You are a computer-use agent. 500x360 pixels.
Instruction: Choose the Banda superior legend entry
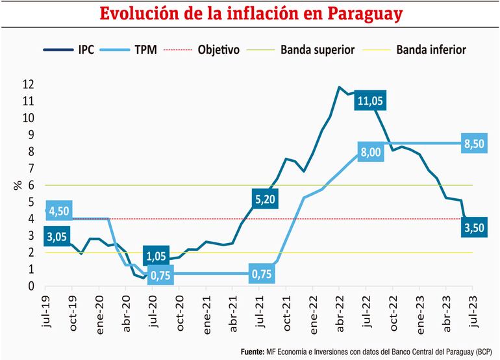coord(312,49)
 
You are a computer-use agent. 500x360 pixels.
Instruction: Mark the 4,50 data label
coord(58,211)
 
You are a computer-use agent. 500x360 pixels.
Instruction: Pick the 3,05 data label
coord(58,237)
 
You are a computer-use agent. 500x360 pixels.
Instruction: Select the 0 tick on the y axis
coord(30,286)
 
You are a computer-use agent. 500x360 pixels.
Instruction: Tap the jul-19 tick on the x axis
coord(45,312)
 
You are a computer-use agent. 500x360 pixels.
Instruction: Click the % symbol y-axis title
coord(18,185)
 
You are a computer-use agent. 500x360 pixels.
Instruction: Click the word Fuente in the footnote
coord(253,352)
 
